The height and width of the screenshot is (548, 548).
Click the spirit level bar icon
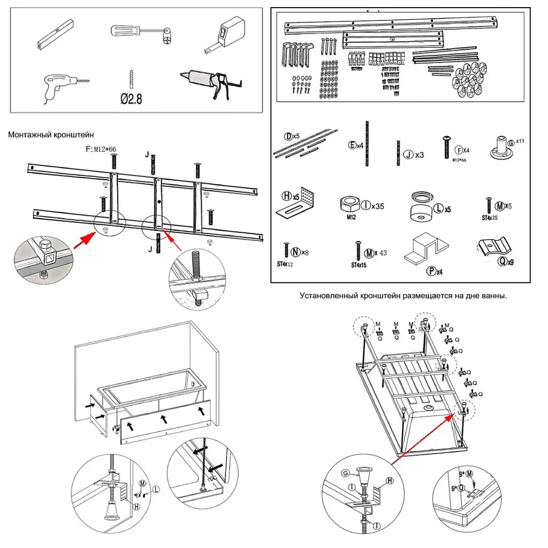(x=56, y=33)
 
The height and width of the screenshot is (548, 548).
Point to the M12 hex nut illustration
(x=350, y=204)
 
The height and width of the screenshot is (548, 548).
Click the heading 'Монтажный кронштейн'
(x=51, y=133)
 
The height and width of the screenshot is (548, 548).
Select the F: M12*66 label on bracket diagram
(x=103, y=149)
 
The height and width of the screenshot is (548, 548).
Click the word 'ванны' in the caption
(x=493, y=295)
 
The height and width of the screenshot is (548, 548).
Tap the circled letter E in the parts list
(x=352, y=146)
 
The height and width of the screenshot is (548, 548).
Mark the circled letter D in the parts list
(x=288, y=136)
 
